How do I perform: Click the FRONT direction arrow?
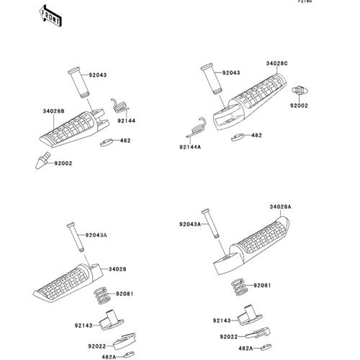pyautogui.click(x=51, y=16)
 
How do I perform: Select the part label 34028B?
pyautogui.click(x=53, y=112)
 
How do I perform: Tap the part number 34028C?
pyautogui.click(x=276, y=63)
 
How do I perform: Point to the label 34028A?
pyautogui.click(x=280, y=207)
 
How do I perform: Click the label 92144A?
pyautogui.click(x=190, y=147)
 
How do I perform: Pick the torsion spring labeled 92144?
pyautogui.click(x=120, y=106)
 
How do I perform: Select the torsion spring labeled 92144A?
pyautogui.click(x=197, y=127)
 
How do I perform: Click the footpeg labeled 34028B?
pyautogui.click(x=74, y=128)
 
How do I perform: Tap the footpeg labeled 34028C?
pyautogui.click(x=250, y=102)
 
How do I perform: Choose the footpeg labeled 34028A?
pyautogui.click(x=251, y=245)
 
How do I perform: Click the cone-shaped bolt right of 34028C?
pyautogui.click(x=300, y=91)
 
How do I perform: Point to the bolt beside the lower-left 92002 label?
pyautogui.click(x=42, y=161)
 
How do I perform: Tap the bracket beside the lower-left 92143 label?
pyautogui.click(x=112, y=320)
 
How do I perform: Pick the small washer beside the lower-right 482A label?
pyautogui.click(x=266, y=347)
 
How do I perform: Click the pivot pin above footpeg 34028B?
pyautogui.click(x=78, y=82)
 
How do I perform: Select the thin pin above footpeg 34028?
pyautogui.click(x=76, y=237)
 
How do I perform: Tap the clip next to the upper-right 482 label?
pyautogui.click(x=238, y=138)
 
